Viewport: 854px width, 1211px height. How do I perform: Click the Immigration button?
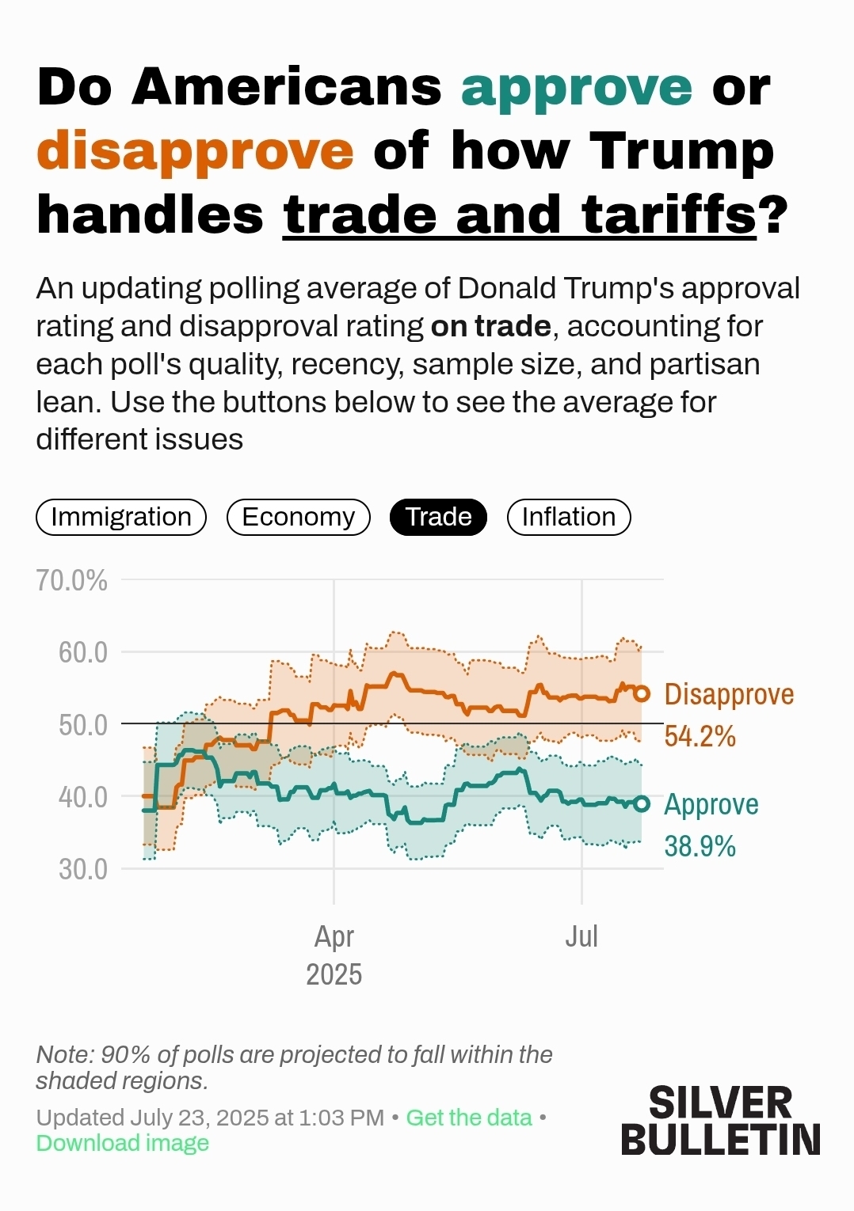121,517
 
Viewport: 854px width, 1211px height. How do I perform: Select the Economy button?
298,517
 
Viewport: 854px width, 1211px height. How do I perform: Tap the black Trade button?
438,517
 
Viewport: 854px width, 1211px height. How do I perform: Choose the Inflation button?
568,517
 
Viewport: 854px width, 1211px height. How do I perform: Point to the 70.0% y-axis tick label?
71,580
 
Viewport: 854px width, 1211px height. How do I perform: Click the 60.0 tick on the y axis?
82,652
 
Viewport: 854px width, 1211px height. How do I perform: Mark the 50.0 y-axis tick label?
82,724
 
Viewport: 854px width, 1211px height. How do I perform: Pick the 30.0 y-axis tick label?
82,869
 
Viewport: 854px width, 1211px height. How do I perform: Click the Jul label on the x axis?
581,936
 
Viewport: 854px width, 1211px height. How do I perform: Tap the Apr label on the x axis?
334,936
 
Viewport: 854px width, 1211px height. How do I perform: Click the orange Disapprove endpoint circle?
642,694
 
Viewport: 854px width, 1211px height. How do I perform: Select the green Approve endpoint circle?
642,804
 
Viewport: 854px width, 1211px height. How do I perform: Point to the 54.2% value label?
700,736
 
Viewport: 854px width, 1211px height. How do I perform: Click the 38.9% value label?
700,846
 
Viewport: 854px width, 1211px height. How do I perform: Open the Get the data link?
468,1118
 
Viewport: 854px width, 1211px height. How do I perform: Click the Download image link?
123,1143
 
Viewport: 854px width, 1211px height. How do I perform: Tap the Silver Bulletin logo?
720,1120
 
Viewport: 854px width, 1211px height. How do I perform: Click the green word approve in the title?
577,87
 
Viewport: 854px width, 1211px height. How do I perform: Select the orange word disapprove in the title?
195,150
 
